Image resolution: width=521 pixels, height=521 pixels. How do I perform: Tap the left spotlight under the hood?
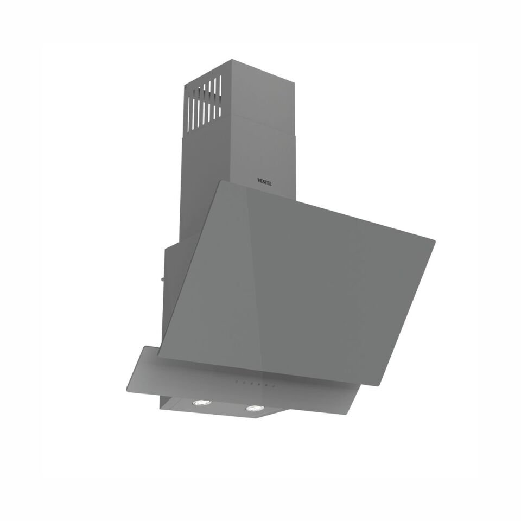click(201, 403)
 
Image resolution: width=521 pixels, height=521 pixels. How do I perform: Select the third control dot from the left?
click(253, 384)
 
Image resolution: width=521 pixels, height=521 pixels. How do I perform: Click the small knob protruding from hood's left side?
click(161, 279)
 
